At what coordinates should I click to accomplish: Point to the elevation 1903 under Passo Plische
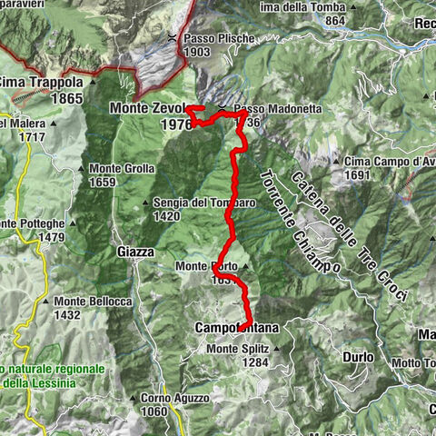click(197, 53)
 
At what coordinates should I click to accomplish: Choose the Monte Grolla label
click(122, 169)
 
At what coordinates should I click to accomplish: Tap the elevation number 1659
click(103, 182)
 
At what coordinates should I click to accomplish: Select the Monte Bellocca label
click(93, 302)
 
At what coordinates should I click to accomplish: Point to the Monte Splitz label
click(238, 349)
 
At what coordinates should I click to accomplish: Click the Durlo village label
click(358, 357)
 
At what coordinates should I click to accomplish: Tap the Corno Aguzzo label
click(175, 398)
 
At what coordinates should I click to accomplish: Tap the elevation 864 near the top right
click(334, 21)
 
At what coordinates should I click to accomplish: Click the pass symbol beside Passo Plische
click(173, 38)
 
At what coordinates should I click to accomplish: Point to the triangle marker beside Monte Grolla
click(82, 169)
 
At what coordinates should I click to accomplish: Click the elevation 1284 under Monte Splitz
click(256, 362)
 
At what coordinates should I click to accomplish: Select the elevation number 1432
click(68, 314)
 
